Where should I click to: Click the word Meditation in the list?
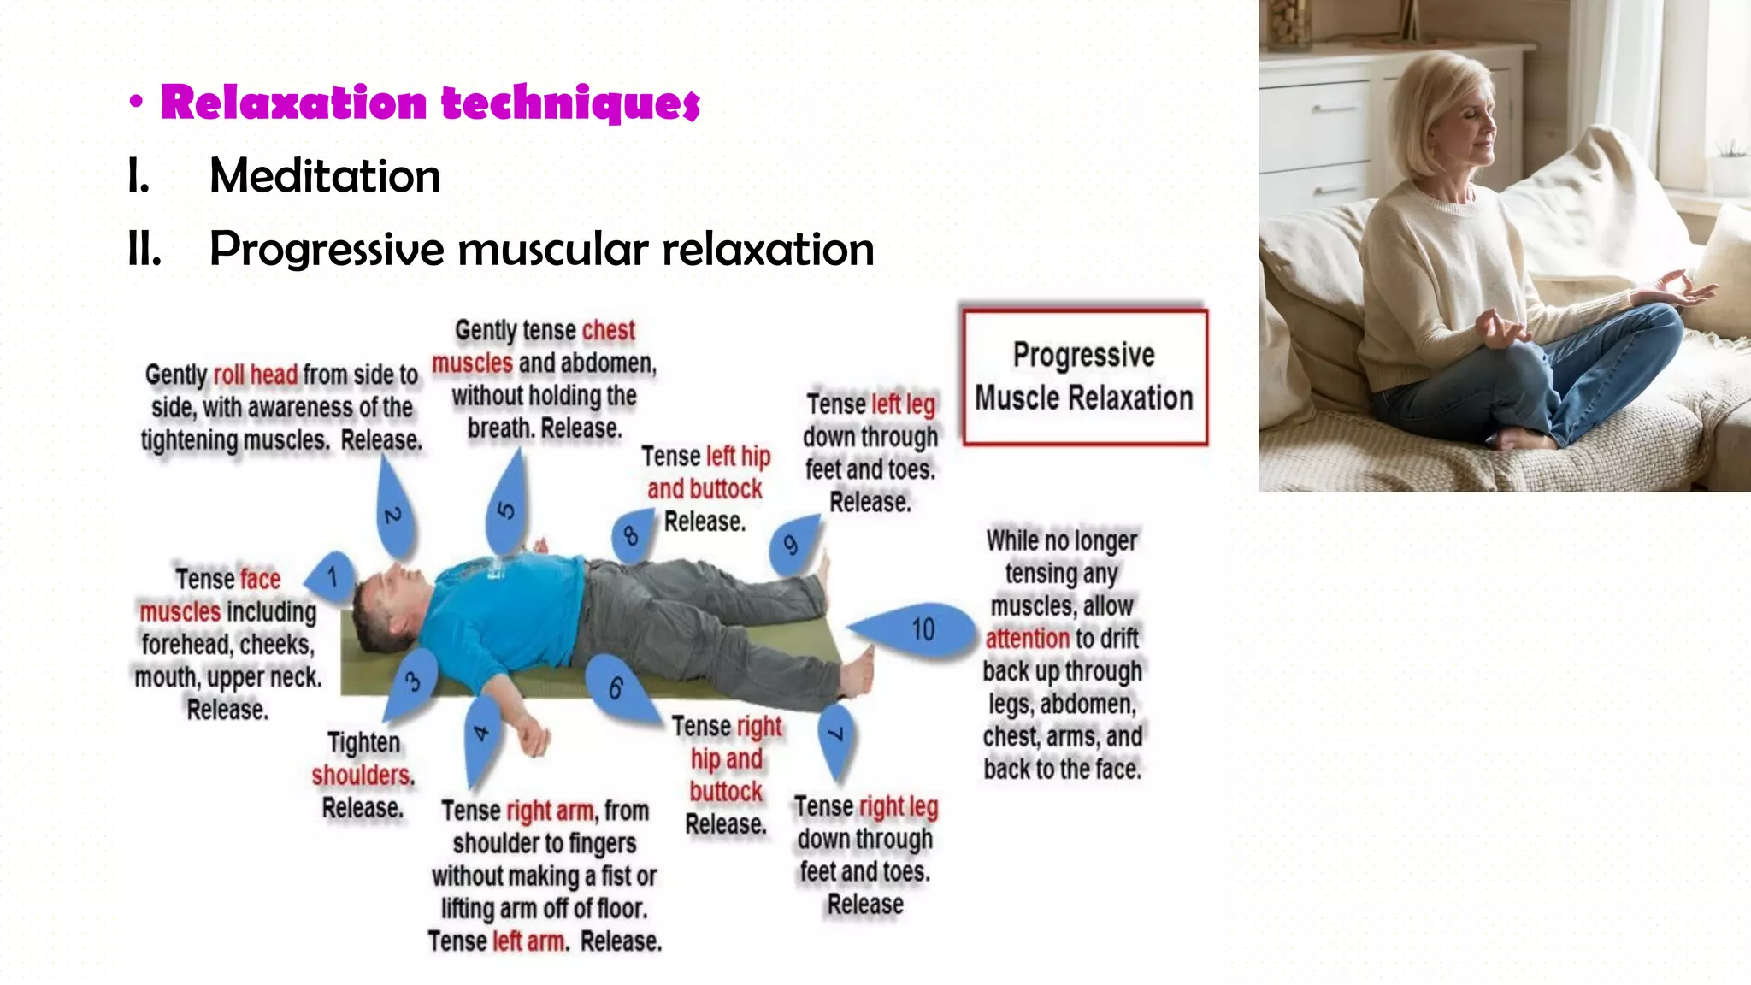click(325, 176)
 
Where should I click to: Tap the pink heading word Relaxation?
click(294, 103)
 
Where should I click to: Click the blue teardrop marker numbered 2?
click(394, 516)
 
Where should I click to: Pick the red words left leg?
click(903, 404)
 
